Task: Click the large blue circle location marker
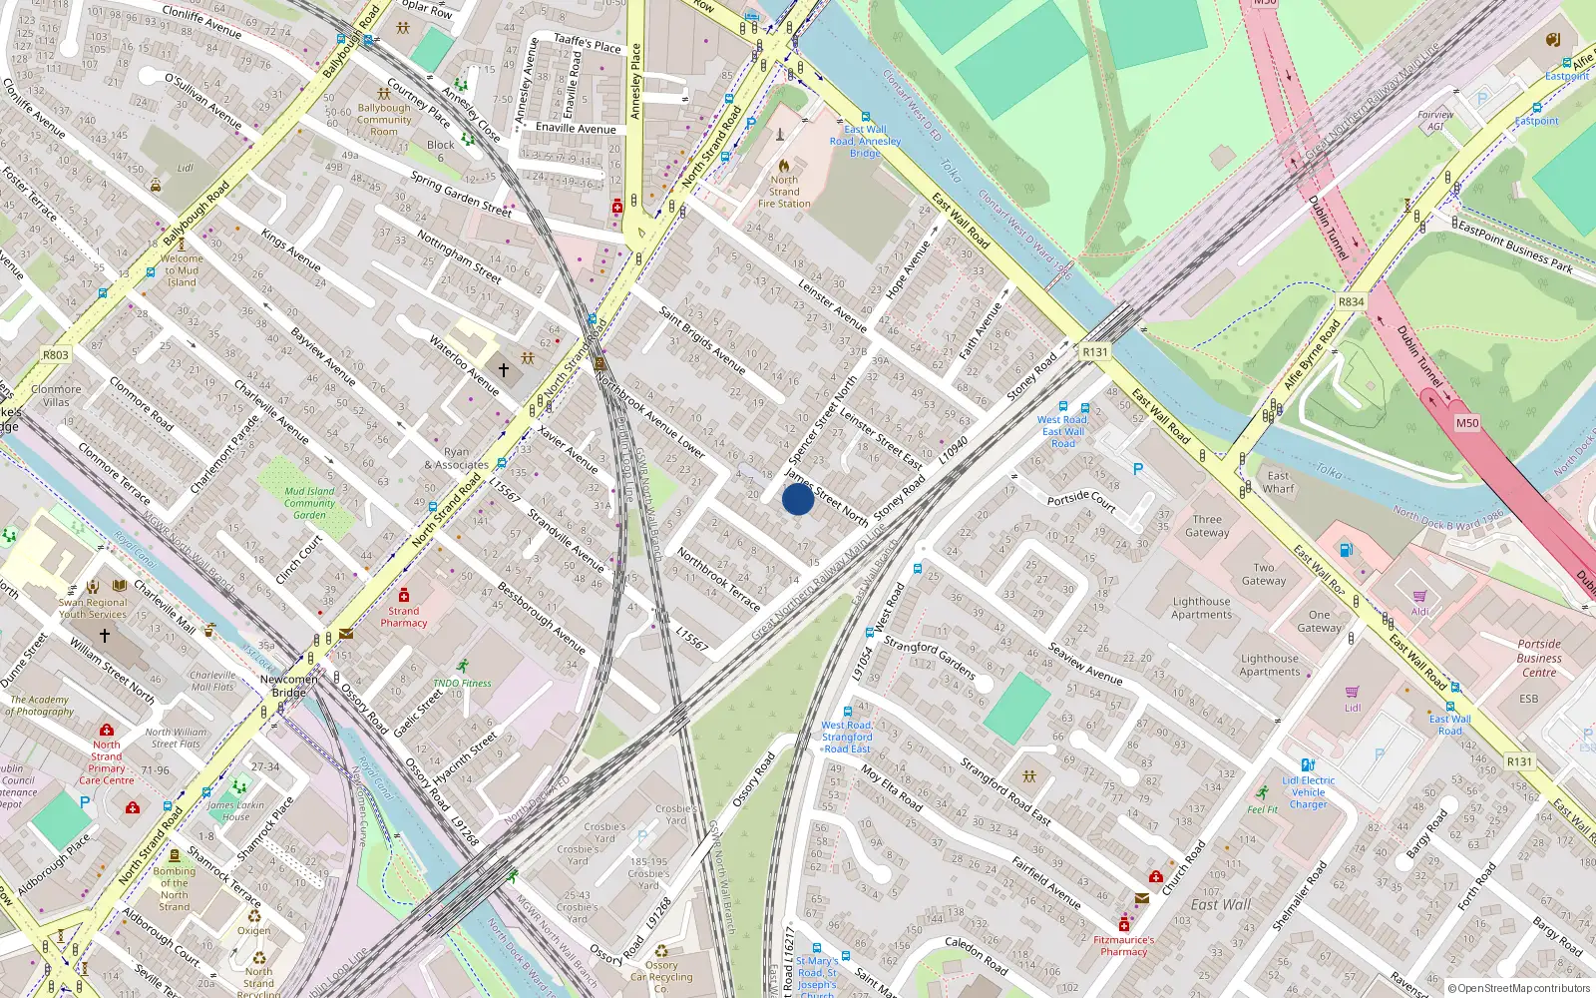[x=798, y=499]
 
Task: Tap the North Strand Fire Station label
[x=784, y=192]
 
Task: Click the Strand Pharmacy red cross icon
[x=404, y=596]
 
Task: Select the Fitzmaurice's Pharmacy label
[x=1124, y=945]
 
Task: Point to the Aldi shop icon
[x=1419, y=597]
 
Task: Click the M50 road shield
[x=1467, y=423]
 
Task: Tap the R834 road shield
[x=1352, y=301]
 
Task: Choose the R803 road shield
[x=56, y=354]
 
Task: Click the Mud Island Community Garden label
[x=309, y=503]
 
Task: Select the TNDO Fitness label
[x=462, y=684]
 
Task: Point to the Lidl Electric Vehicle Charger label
[x=1309, y=792]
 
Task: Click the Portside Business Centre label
[x=1539, y=658]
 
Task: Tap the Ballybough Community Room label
[x=384, y=120]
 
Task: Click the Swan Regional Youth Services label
[x=93, y=608]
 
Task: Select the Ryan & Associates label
[x=456, y=458]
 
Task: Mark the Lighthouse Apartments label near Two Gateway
[x=1202, y=608]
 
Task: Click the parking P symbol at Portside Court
[x=1137, y=469]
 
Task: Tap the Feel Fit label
[x=1262, y=809]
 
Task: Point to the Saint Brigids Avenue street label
[x=702, y=340]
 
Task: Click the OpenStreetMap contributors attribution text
[x=1519, y=988]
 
